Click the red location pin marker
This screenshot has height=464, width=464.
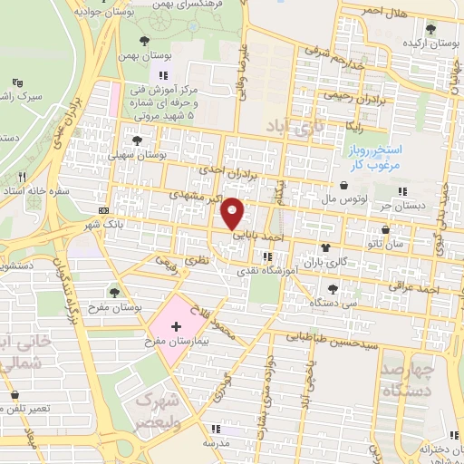pyautogui.click(x=234, y=211)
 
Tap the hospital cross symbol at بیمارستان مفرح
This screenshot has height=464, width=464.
pyautogui.click(x=176, y=324)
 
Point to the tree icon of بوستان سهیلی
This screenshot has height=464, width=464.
pyautogui.click(x=137, y=140)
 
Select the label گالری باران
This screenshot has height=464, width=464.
pyautogui.click(x=351, y=262)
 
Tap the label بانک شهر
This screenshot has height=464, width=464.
pyautogui.click(x=102, y=223)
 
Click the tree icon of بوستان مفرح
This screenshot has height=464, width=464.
pyautogui.click(x=115, y=292)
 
